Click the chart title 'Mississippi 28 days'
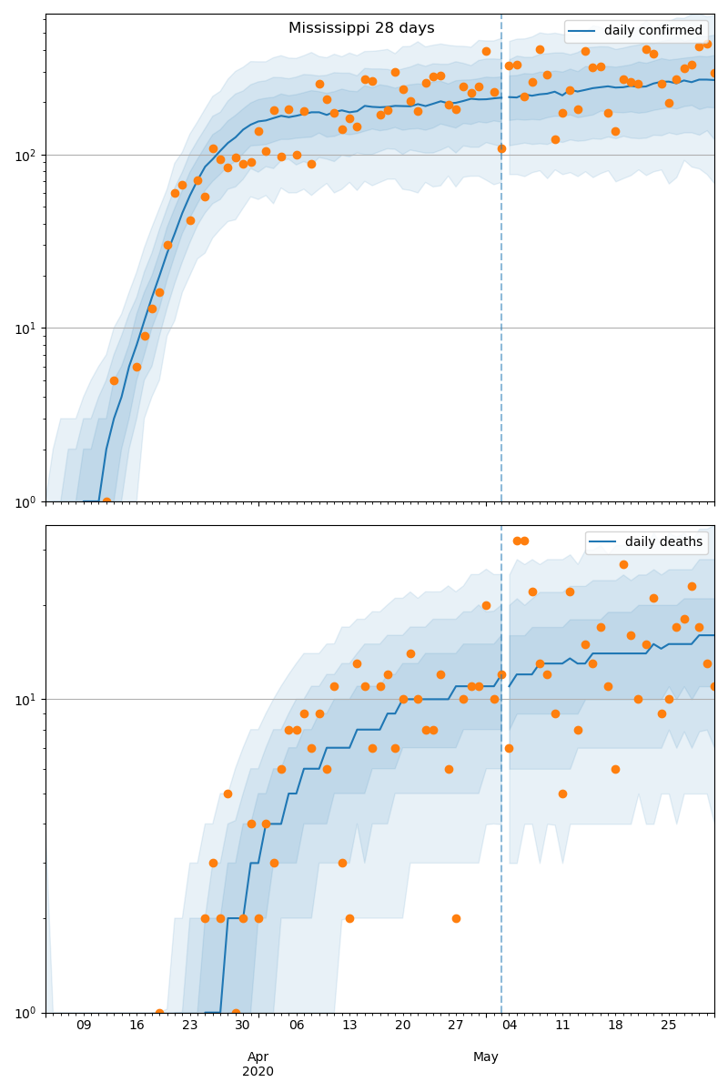[x=361, y=28]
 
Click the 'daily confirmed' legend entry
[x=652, y=31]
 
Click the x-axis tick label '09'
[x=84, y=1026]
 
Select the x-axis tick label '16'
[x=136, y=1026]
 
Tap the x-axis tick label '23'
[x=190, y=1026]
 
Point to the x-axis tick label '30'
[x=243, y=1026]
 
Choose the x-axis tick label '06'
[x=297, y=1026]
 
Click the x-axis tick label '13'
[x=349, y=1026]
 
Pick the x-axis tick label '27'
[x=456, y=1026]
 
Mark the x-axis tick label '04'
[x=509, y=1026]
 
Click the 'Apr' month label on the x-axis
[x=258, y=1057]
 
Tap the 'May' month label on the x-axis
[x=486, y=1057]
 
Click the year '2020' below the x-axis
[x=258, y=1071]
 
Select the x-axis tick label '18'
[x=615, y=1026]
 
